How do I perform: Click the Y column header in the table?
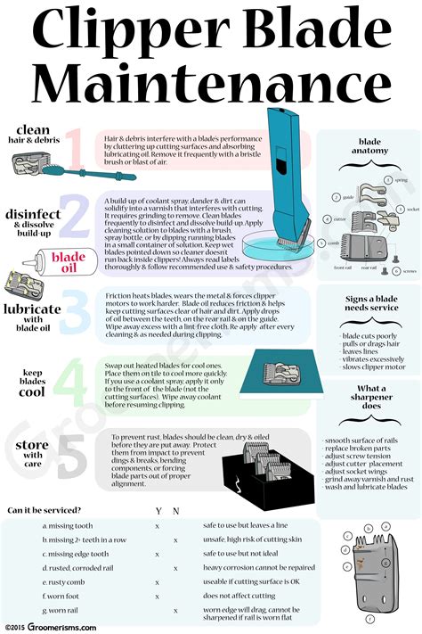coord(157,511)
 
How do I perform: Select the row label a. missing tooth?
coord(69,525)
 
